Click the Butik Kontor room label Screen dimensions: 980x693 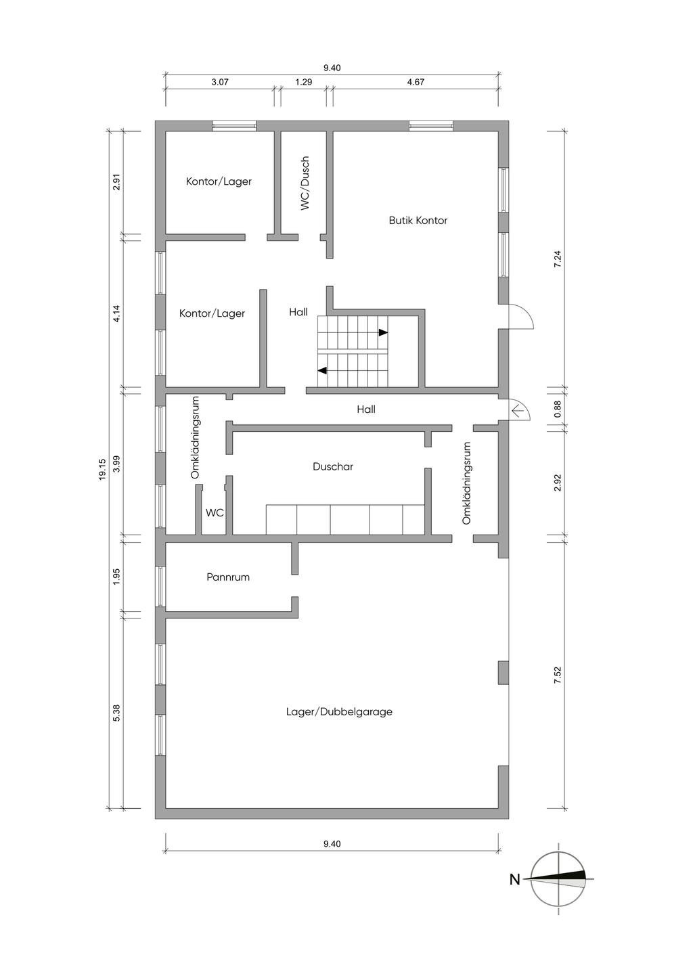point(418,221)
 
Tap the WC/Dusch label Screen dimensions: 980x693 point(305,183)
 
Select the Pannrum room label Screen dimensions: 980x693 point(228,577)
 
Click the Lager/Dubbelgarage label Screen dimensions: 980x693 point(339,712)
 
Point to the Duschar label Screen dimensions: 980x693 point(333,467)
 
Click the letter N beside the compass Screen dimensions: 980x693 point(515,880)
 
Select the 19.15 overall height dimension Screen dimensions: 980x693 point(102,470)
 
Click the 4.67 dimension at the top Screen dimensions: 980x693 point(416,83)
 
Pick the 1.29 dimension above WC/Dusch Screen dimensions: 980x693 point(304,83)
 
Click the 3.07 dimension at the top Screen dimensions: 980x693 point(220,83)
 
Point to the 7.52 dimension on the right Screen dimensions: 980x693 point(558,675)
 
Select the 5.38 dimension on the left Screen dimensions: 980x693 point(116,713)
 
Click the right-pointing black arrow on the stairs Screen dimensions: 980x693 point(383,332)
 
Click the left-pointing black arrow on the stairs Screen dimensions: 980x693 point(323,370)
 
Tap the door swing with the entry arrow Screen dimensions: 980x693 point(519,409)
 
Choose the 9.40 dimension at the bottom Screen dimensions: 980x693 point(332,843)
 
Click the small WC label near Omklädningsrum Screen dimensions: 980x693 point(215,513)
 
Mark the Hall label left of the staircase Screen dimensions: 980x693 point(298,312)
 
